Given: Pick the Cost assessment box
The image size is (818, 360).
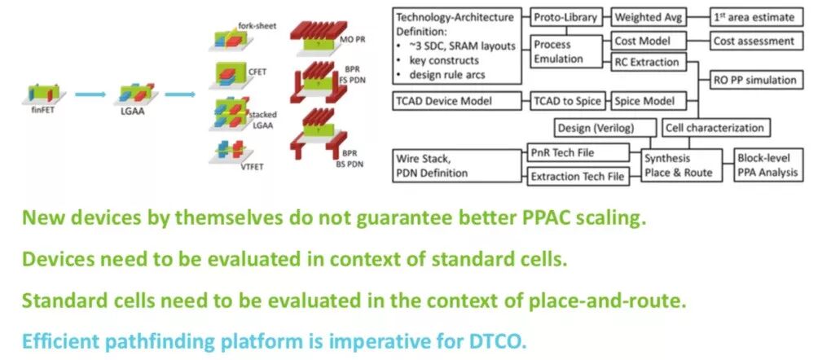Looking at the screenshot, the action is pyautogui.click(x=754, y=40).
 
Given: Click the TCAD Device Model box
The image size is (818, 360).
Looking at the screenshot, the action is pyautogui.click(x=455, y=101).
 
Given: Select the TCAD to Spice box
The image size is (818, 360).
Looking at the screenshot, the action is pyautogui.click(x=567, y=101).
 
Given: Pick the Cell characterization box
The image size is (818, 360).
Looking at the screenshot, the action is pyautogui.click(x=715, y=127).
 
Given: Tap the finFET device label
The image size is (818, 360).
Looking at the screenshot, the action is pyautogui.click(x=33, y=117).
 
